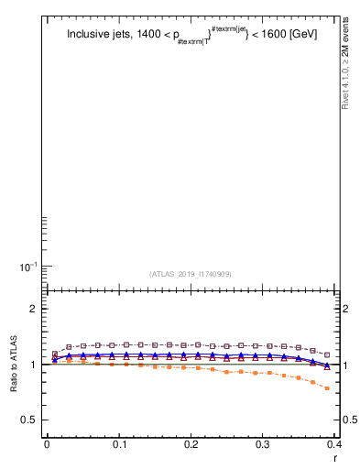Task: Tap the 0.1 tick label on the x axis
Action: tap(119, 444)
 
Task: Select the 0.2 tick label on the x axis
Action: tap(191, 444)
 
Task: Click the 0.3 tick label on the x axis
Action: tap(264, 444)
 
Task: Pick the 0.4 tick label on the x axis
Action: tap(334, 444)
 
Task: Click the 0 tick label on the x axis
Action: tap(47, 444)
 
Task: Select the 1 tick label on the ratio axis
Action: tap(33, 365)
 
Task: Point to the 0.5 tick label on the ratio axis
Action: tap(28, 420)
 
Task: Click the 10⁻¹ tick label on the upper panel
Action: tap(27, 267)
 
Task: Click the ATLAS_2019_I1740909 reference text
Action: tap(191, 273)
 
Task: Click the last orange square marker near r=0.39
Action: tap(328, 388)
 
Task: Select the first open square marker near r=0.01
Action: tap(54, 354)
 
